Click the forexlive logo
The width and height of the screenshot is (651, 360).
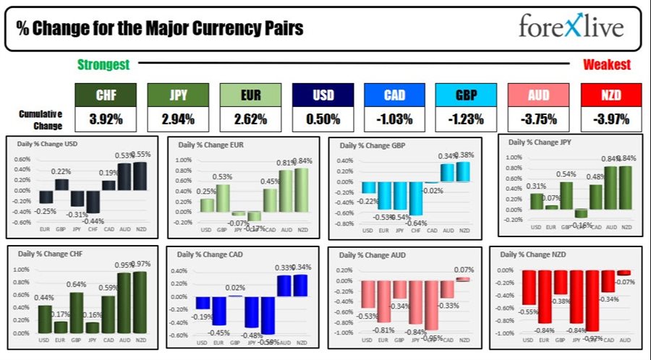pos(571,27)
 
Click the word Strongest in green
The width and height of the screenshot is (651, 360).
pos(103,65)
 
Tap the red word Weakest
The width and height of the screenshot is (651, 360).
pos(606,65)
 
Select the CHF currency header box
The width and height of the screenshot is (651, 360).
pos(106,95)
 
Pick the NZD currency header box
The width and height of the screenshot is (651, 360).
pos(611,95)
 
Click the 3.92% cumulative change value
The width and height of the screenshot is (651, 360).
pos(106,119)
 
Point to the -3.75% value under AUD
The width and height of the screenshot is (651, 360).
pos(539,119)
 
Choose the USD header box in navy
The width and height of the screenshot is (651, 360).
pos(323,95)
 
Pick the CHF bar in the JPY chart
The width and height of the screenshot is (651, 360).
pos(579,213)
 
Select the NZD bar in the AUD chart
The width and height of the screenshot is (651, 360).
pos(462,278)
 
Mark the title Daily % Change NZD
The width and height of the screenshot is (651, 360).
pos(535,254)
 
